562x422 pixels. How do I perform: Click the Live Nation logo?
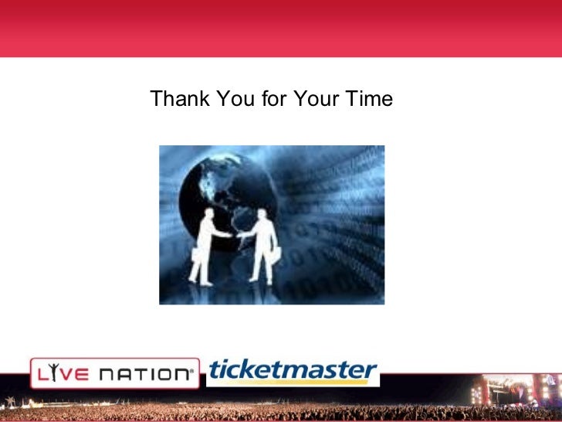[113, 373]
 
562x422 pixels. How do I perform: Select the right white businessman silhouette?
[262, 243]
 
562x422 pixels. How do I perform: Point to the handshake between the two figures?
[234, 235]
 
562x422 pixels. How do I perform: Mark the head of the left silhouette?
[209, 213]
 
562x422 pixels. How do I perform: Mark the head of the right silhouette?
[262, 213]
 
